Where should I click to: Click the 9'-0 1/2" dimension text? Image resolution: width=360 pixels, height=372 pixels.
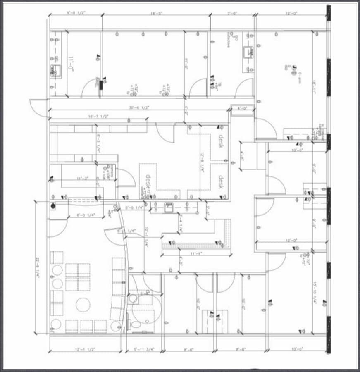point(76,13)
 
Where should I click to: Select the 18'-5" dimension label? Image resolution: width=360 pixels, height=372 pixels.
point(156,13)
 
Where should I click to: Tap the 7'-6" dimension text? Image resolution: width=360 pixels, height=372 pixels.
point(232,13)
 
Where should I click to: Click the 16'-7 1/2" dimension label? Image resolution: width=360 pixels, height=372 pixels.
point(98,117)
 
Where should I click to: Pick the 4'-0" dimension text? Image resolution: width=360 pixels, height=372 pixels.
point(243,108)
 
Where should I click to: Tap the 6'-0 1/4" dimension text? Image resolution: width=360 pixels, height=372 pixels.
point(86,215)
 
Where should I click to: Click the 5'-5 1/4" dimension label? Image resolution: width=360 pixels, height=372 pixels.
point(134,207)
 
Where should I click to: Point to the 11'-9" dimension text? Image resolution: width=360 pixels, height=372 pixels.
point(195,253)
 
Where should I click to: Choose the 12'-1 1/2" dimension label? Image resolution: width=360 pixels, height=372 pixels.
point(86,349)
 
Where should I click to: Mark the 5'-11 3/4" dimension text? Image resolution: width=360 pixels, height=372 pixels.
point(144,349)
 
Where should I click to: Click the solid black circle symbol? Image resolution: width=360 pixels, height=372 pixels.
point(53,205)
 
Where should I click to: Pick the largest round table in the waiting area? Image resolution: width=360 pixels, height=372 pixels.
point(83,305)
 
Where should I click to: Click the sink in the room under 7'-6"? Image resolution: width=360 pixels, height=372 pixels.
point(248,52)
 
